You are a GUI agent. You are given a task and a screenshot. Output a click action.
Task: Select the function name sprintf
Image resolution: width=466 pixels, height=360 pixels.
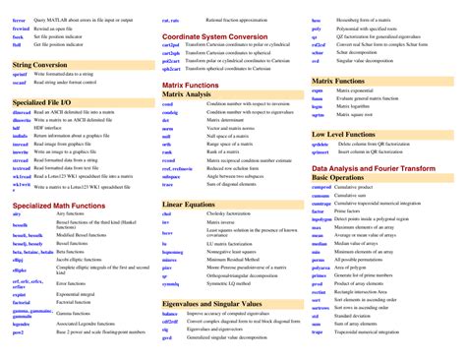point(21,75)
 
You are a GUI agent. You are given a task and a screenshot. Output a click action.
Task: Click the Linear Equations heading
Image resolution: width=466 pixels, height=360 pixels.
point(188,204)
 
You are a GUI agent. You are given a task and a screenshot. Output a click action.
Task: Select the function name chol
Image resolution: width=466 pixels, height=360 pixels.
point(166,214)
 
